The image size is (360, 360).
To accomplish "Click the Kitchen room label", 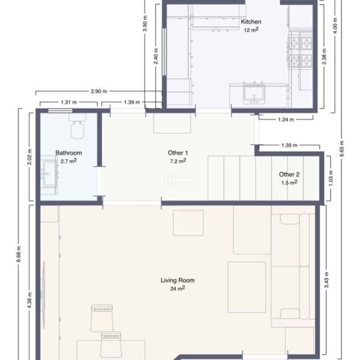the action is click(251, 22).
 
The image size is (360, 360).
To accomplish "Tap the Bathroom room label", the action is click(68, 153).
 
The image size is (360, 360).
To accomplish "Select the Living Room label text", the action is click(178, 280).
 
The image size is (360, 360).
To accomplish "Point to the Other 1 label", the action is click(178, 153).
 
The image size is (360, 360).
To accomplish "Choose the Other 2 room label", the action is click(289, 175).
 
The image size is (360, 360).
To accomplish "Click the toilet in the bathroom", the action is click(77, 126).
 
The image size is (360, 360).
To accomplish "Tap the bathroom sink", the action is click(49, 174).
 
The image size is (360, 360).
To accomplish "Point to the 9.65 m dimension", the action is click(342, 149).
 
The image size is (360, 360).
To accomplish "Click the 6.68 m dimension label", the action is click(19, 254).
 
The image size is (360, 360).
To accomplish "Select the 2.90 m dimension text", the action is click(99, 91).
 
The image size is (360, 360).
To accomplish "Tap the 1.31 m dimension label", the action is click(68, 102).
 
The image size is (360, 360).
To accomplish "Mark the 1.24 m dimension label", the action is click(286, 119).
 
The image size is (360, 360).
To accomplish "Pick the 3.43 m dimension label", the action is click(326, 280).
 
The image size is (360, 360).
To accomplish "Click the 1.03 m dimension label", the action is click(331, 178).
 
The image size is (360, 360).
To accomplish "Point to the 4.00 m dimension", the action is click(335, 26).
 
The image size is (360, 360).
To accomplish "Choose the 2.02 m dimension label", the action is click(29, 157).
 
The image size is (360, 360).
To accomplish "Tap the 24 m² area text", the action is click(178, 289).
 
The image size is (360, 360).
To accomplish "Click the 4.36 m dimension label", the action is click(29, 301).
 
